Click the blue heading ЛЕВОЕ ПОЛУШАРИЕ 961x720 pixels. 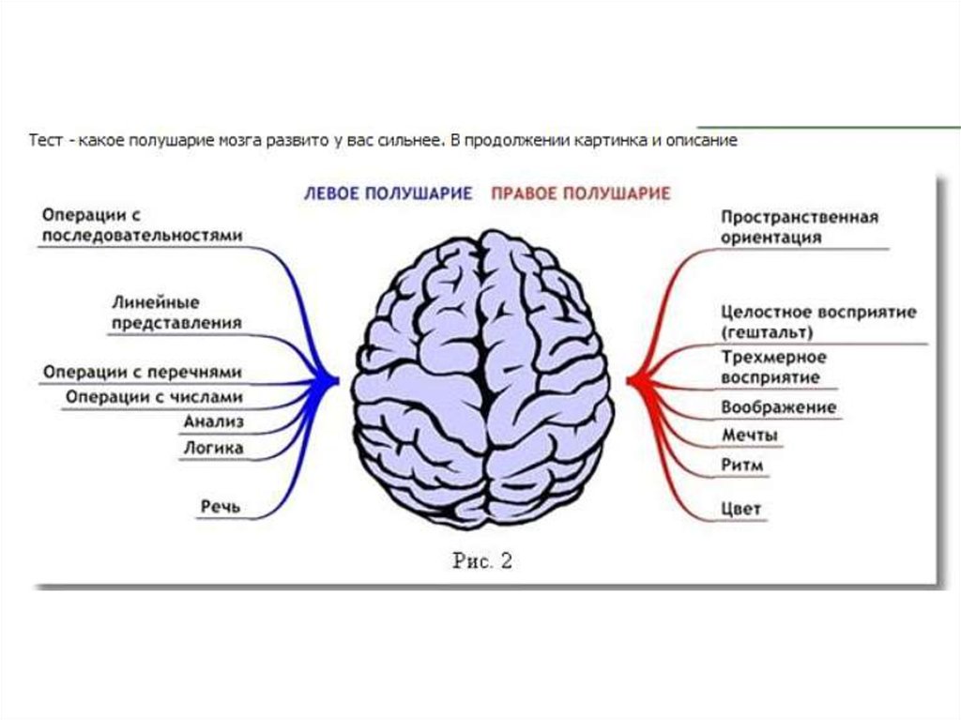[387, 194]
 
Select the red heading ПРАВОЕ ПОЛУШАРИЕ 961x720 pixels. [580, 194]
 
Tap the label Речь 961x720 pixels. [221, 507]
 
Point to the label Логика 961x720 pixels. [213, 449]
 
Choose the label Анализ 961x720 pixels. [214, 422]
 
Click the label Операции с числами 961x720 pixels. [154, 397]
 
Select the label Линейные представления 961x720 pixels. [176, 313]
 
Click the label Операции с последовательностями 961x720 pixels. [142, 225]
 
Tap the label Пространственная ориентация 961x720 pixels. [800, 227]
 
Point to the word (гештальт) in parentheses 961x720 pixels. [767, 332]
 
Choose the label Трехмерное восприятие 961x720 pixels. [773, 367]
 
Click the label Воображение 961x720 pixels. [778, 407]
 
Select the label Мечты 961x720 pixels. [749, 436]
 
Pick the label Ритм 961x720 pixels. [742, 465]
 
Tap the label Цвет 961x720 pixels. [741, 510]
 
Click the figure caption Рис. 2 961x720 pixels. [482, 561]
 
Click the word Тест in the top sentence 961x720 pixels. [45, 141]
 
